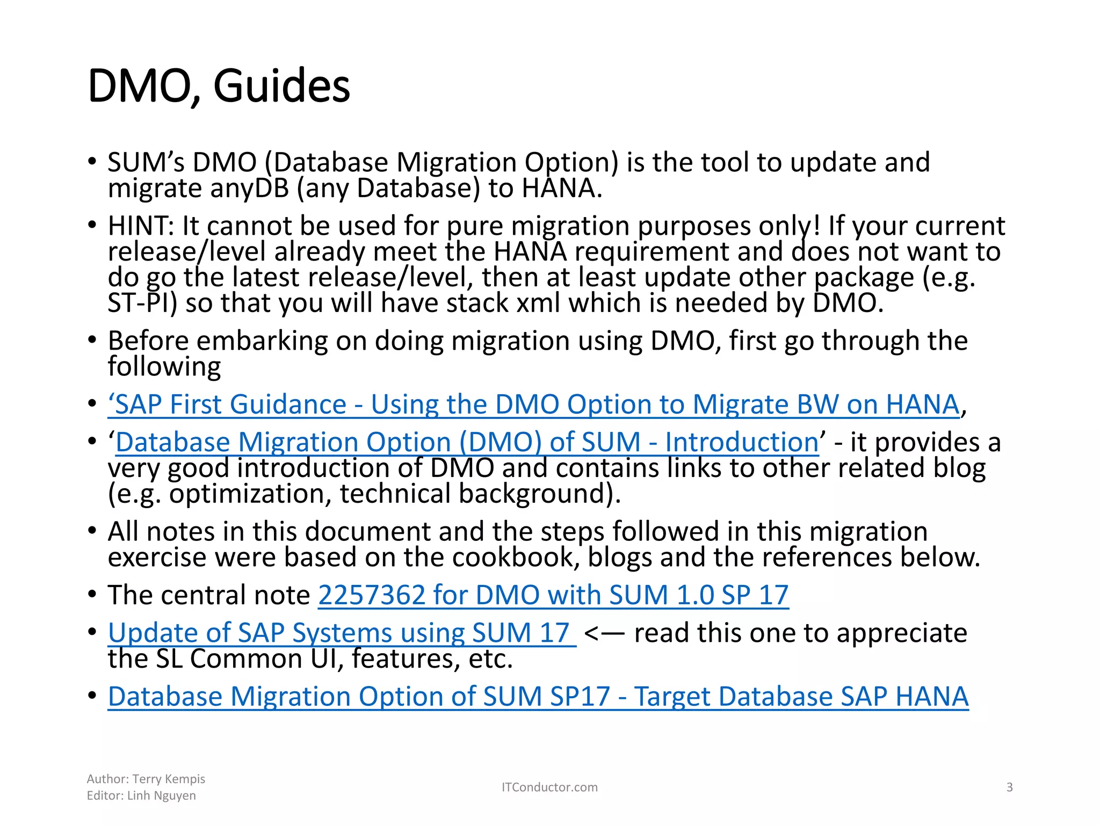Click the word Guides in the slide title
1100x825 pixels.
pos(281,86)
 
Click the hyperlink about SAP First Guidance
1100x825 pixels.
pos(533,404)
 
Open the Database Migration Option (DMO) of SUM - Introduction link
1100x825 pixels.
pos(467,443)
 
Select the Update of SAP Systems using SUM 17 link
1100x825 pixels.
pos(342,633)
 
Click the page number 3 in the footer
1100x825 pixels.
pos(1009,787)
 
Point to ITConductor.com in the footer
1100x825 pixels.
pos(549,787)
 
